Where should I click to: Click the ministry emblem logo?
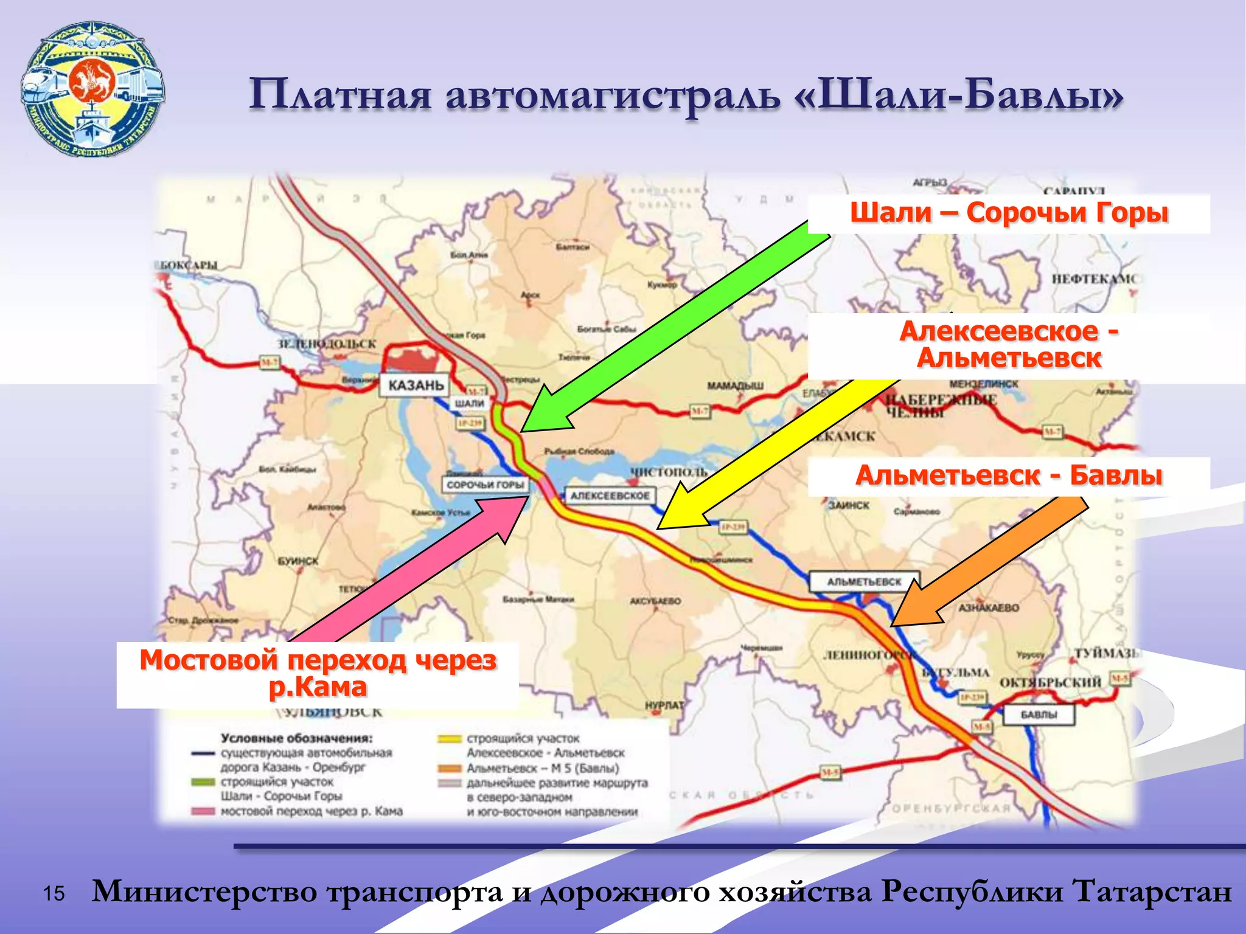point(92,89)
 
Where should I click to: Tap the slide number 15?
point(54,893)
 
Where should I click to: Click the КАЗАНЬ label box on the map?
point(416,385)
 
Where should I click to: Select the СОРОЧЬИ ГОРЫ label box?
point(485,485)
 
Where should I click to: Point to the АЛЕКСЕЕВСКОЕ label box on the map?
point(610,496)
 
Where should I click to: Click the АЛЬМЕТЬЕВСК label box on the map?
point(863,581)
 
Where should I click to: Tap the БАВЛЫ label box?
point(1039,714)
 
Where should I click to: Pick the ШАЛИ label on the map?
point(470,403)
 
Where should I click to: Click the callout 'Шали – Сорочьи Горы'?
point(1009,213)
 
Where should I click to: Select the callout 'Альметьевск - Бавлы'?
point(1009,476)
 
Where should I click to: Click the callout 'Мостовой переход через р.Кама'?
point(318,674)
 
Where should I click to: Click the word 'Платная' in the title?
point(340,95)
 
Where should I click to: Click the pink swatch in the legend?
point(203,811)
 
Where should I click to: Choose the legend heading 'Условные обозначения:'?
point(296,738)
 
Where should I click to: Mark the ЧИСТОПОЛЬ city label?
point(669,472)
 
